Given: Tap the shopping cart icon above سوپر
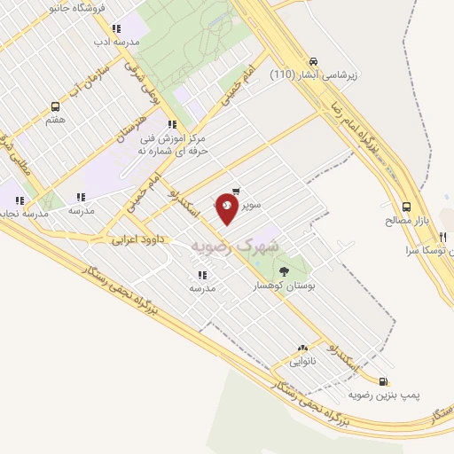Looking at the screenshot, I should [x=236, y=191].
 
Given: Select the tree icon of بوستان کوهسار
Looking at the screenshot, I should [x=284, y=271].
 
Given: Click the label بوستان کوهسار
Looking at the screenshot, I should [x=285, y=286].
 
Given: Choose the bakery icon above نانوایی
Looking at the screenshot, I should [x=302, y=348].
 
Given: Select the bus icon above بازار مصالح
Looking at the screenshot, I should [x=406, y=204].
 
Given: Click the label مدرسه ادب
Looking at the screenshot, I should [x=115, y=42].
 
